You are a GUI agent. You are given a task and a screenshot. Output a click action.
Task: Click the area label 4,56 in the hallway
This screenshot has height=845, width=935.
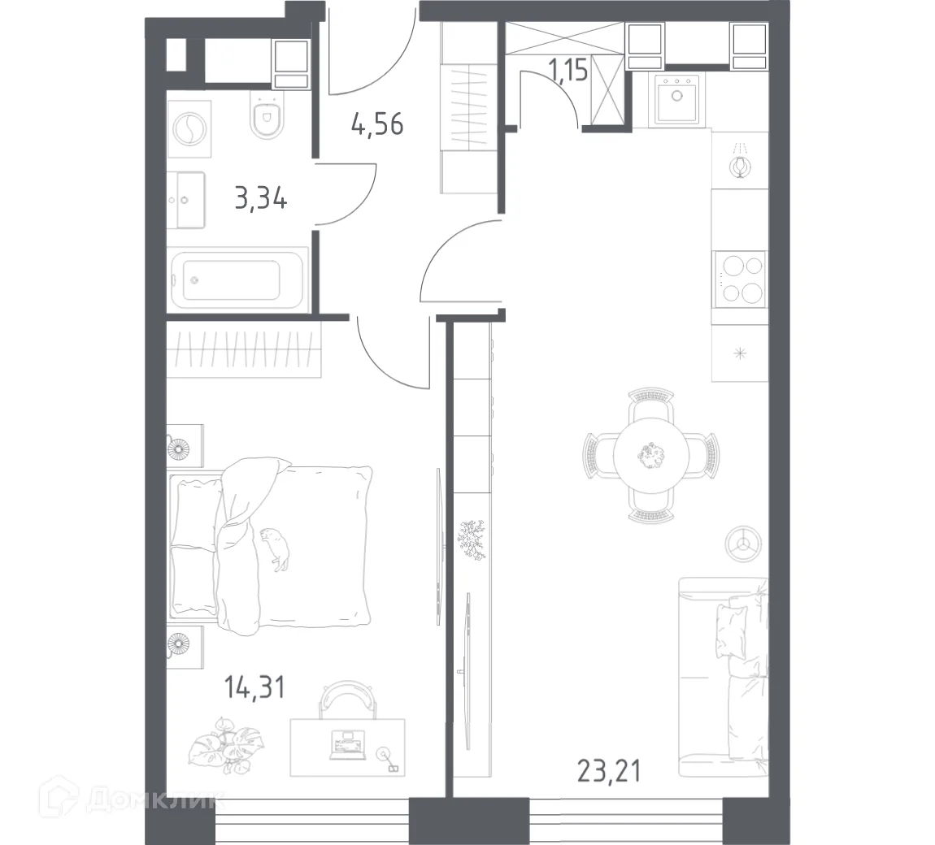tap(377, 126)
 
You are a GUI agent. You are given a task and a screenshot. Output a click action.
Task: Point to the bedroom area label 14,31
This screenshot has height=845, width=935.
tap(254, 688)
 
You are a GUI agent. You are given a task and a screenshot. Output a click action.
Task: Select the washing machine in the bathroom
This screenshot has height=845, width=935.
tap(189, 129)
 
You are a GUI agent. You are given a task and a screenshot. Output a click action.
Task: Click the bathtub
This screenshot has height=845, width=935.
tap(237, 279)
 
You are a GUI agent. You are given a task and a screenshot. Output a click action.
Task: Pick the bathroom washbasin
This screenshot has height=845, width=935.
tap(186, 199)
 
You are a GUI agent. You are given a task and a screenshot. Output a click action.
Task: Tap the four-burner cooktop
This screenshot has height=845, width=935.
tap(739, 279)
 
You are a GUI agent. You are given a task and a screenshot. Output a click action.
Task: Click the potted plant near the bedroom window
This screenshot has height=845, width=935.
tap(213, 743)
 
